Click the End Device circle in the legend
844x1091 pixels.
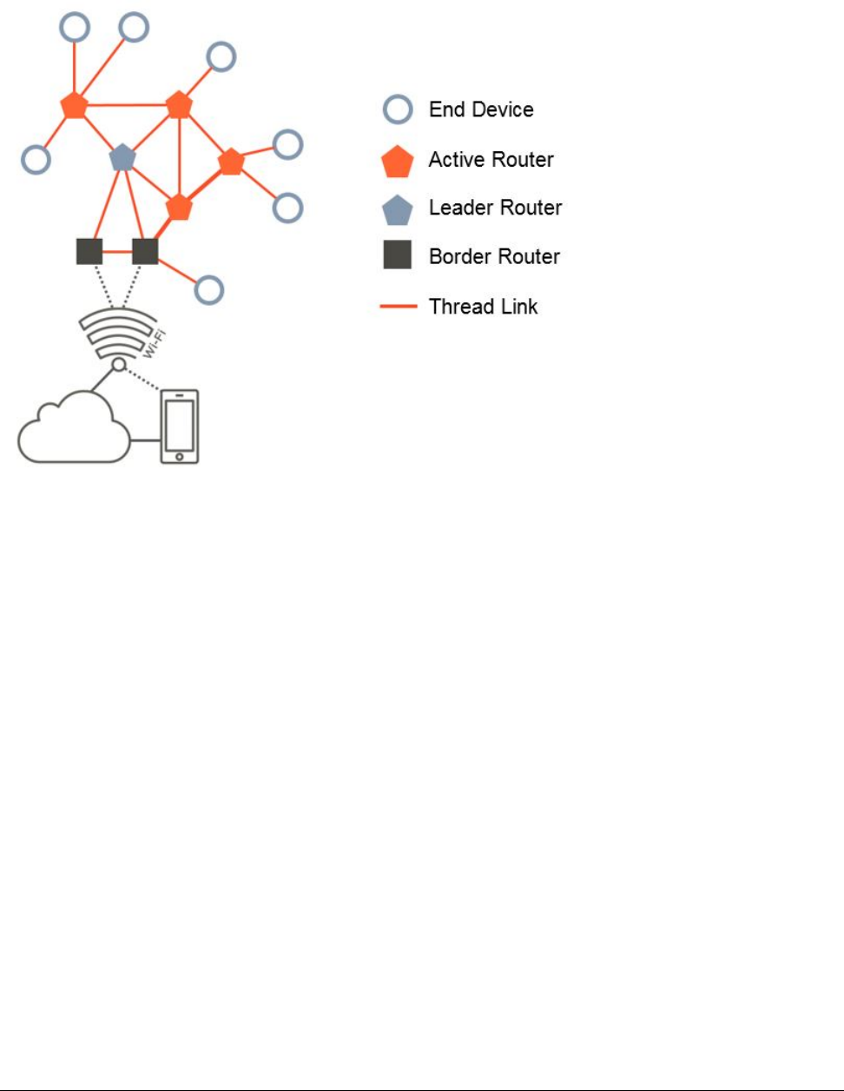(x=398, y=110)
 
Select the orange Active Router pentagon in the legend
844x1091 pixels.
(x=398, y=162)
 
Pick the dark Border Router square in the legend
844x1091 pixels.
(x=398, y=256)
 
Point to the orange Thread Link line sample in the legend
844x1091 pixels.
(x=399, y=307)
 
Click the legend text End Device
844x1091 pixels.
(x=481, y=110)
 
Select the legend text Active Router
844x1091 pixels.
(x=491, y=160)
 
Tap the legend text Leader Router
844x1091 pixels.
(x=495, y=208)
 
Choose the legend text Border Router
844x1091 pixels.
(x=494, y=256)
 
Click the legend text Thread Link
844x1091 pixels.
(x=483, y=307)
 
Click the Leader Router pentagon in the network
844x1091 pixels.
(x=123, y=157)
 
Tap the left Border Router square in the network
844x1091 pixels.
(x=89, y=251)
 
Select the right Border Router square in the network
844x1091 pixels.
(x=145, y=251)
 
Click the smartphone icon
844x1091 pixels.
(x=180, y=426)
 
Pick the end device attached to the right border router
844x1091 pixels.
(x=208, y=290)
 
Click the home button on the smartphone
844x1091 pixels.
(x=180, y=456)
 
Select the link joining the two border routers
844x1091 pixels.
(x=117, y=252)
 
